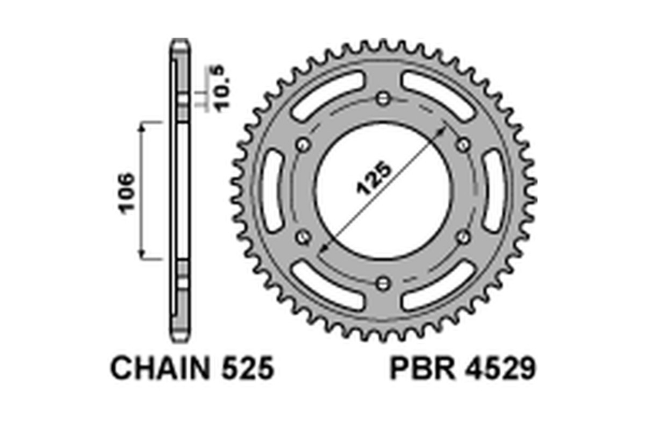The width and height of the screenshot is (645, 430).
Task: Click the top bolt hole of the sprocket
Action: click(x=383, y=98)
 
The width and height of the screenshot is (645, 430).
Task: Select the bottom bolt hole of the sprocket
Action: click(x=383, y=283)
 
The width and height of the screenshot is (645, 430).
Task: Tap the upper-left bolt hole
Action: click(x=303, y=145)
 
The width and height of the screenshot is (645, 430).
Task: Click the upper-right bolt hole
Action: click(x=463, y=145)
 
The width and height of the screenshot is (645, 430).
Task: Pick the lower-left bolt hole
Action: click(x=303, y=237)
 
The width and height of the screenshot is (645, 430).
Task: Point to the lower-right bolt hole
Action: click(x=463, y=237)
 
